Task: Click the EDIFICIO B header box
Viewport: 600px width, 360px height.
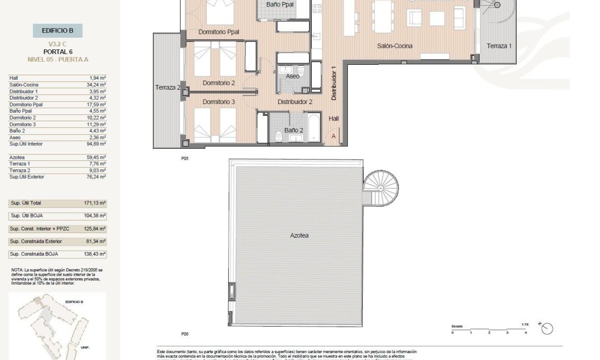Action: click(x=57, y=31)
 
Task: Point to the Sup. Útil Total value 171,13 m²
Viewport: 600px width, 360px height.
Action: click(x=96, y=203)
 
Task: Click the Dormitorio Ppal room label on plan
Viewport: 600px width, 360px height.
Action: click(x=219, y=32)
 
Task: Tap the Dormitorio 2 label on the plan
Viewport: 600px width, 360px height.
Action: click(x=218, y=83)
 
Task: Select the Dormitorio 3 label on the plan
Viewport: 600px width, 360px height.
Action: click(x=218, y=102)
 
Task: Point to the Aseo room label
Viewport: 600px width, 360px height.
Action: click(x=292, y=76)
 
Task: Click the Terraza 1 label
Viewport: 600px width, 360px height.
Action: click(x=499, y=46)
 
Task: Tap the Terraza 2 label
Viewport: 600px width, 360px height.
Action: click(x=167, y=88)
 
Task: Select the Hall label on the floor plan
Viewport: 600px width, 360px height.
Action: click(x=333, y=119)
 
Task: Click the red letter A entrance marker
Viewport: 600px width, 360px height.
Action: click(x=333, y=136)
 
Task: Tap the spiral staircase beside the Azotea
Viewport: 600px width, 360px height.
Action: click(x=380, y=187)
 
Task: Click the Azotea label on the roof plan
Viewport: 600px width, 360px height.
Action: click(x=299, y=235)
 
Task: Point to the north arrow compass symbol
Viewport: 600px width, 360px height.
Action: click(x=546, y=329)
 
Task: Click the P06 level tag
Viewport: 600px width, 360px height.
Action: click(x=185, y=334)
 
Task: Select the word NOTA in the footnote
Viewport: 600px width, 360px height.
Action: click(x=18, y=270)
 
